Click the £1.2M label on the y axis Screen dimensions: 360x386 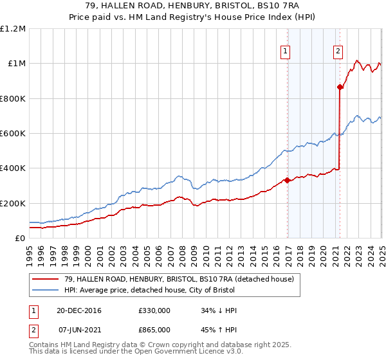tap(13, 28)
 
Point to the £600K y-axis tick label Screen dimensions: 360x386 tap(13, 134)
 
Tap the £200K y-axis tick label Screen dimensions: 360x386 tap(13, 203)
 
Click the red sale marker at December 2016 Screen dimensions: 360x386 tap(287, 181)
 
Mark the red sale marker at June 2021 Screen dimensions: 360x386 tap(340, 87)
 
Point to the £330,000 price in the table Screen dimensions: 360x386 tap(154, 310)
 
